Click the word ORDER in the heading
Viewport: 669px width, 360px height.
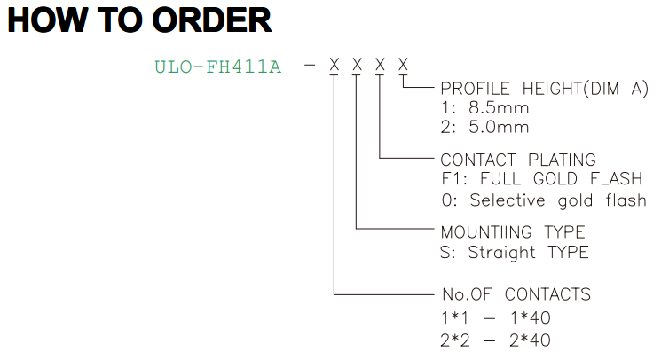[x=212, y=20]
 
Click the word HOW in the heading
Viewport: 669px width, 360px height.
[x=48, y=20]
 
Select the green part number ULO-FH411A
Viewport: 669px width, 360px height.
[x=218, y=67]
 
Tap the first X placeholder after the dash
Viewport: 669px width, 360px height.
[x=334, y=65]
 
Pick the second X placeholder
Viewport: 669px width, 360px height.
[x=357, y=65]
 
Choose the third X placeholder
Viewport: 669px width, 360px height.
[x=380, y=65]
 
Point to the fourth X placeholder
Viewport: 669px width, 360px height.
[x=403, y=65]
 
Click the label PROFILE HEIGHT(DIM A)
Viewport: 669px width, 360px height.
[x=545, y=89]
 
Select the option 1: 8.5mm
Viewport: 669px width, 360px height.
[x=485, y=108]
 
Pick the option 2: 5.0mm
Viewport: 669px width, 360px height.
[x=485, y=127]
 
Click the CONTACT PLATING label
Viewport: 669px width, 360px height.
[x=518, y=160]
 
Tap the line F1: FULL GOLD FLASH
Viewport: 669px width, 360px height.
[x=542, y=179]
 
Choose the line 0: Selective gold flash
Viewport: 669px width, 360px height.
[x=544, y=200]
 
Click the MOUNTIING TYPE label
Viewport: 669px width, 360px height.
[x=513, y=232]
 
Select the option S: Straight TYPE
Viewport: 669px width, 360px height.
[x=515, y=252]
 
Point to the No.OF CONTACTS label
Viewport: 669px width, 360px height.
[x=516, y=294]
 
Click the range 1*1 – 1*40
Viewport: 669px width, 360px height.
[x=496, y=317]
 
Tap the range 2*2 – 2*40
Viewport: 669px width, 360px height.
[x=496, y=340]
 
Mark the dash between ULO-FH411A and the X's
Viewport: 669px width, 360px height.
[x=310, y=66]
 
